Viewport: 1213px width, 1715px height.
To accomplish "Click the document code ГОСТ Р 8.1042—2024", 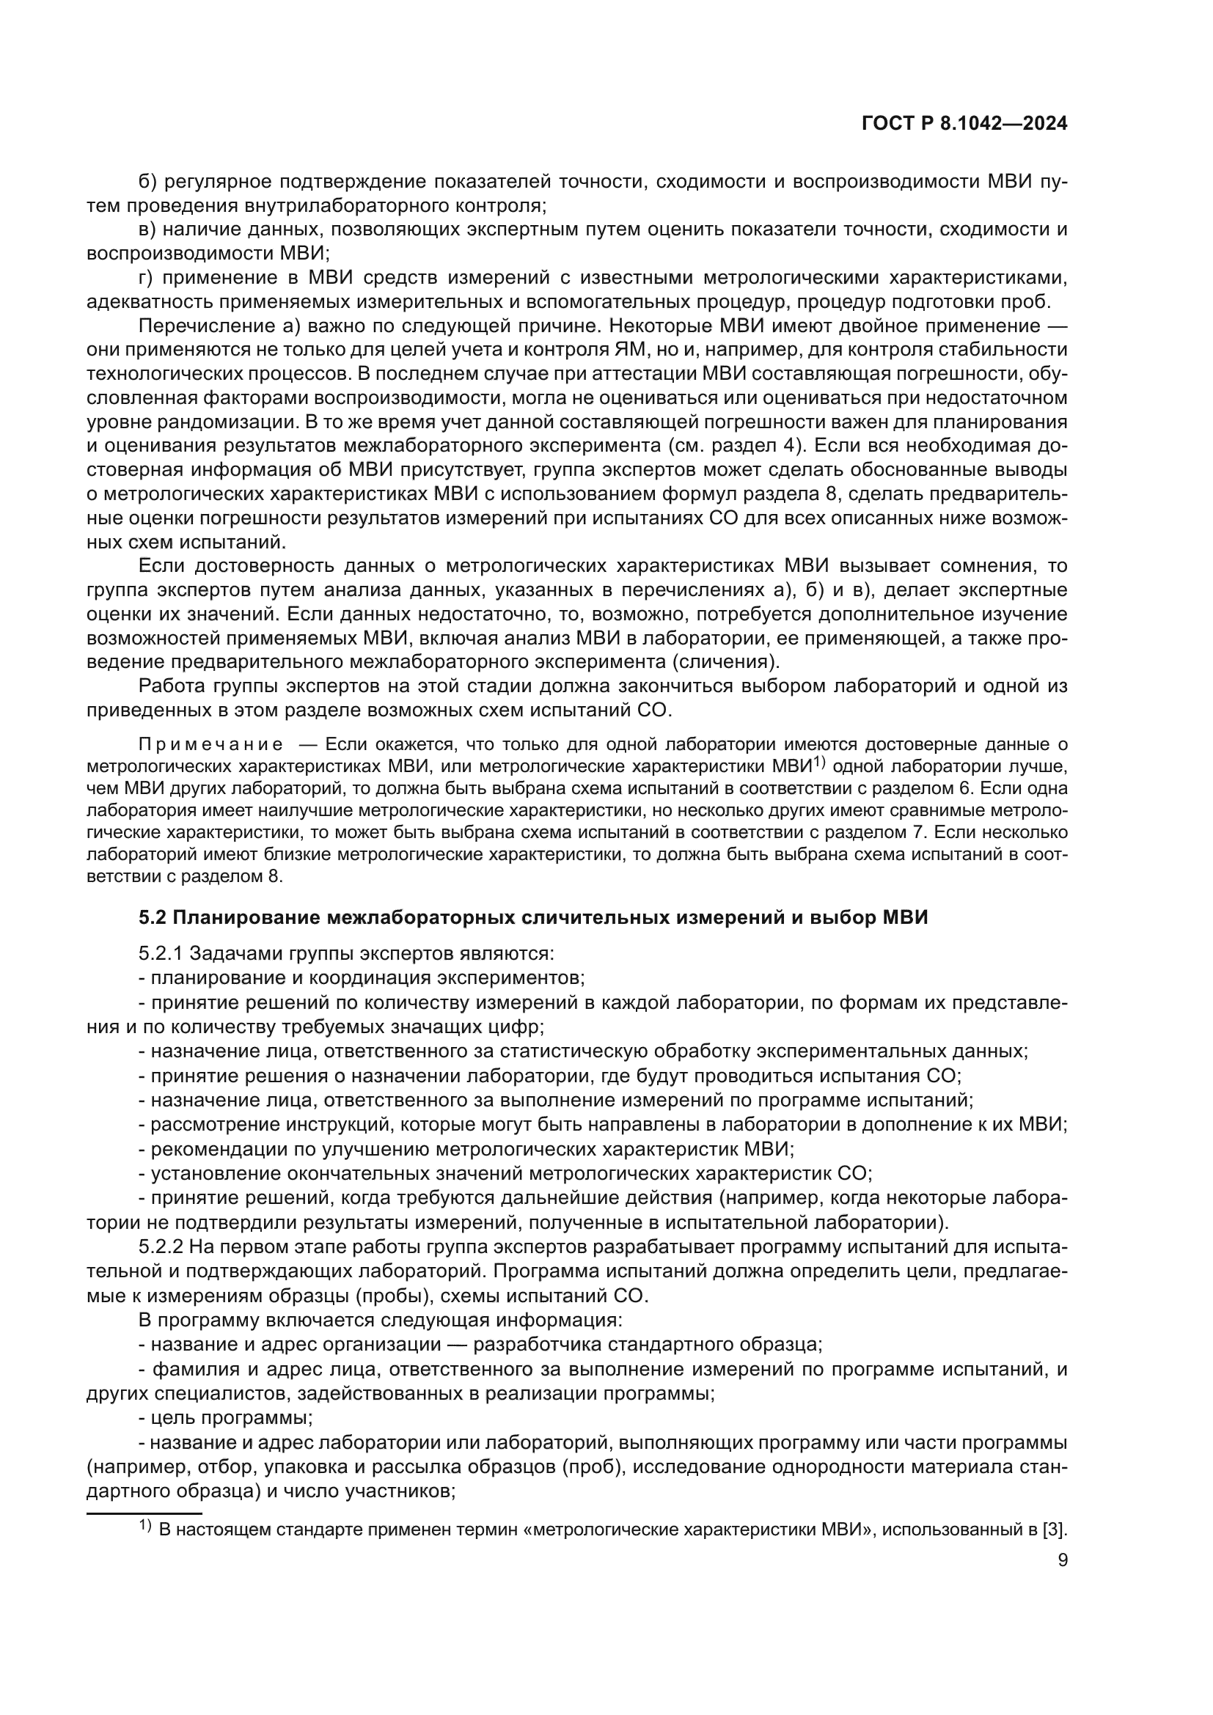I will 964,124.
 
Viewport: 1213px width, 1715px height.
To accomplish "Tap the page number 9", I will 1062,1560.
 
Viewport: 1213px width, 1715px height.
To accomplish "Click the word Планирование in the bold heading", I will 241,917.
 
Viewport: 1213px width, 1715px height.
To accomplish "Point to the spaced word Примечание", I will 211,745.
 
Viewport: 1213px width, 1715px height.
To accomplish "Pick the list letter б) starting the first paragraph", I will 148,182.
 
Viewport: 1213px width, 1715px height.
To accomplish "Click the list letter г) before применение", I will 147,278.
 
